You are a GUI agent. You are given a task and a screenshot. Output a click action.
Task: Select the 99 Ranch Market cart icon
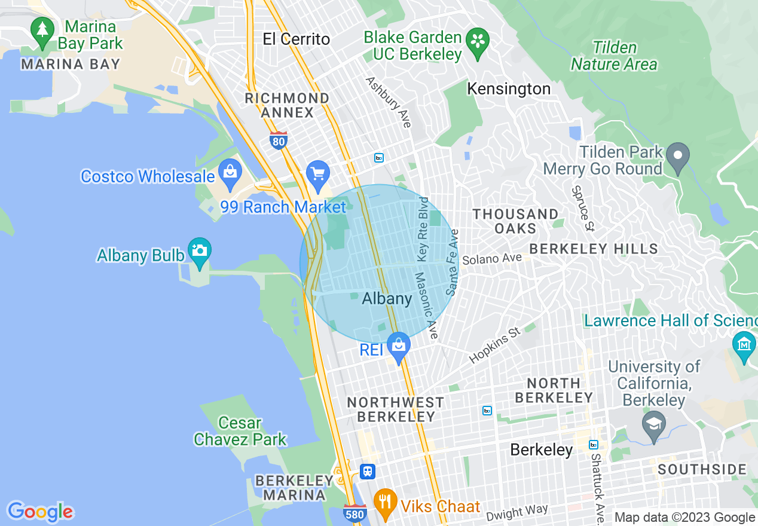coord(317,173)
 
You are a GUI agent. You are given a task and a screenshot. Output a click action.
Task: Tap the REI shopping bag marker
coord(398,346)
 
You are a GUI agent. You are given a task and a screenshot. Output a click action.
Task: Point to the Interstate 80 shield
coord(278,140)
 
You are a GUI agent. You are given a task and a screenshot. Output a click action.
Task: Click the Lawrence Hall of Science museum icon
coord(744,345)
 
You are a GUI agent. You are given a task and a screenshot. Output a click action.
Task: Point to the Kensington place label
coord(509,89)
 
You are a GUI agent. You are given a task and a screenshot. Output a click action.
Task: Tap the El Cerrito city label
coord(296,39)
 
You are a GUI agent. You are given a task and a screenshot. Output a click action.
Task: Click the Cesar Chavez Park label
coord(240,432)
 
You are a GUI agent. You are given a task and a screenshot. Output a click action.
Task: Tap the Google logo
coord(40,512)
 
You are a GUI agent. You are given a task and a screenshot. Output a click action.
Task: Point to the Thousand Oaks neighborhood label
coord(515,221)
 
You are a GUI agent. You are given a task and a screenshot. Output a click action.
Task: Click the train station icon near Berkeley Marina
coord(368,471)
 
